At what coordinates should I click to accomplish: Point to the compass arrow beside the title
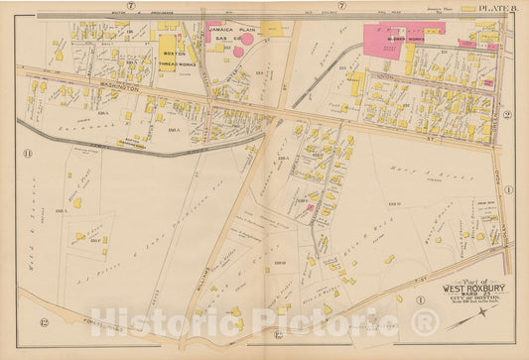click(421, 300)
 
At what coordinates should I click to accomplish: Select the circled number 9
click(506, 116)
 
